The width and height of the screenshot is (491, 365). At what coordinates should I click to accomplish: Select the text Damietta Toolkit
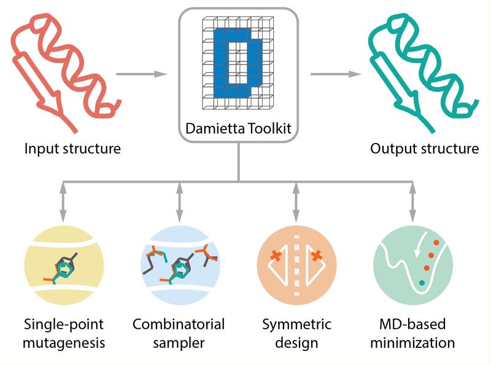click(x=238, y=130)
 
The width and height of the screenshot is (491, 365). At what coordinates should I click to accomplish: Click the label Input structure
click(x=72, y=148)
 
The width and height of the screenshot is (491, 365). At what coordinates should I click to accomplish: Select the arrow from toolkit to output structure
click(x=335, y=75)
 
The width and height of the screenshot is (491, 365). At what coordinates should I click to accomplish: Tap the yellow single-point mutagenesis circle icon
click(x=64, y=264)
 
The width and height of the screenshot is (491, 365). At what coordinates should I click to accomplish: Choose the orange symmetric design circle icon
click(x=296, y=264)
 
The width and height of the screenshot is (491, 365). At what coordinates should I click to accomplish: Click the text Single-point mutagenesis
click(x=64, y=332)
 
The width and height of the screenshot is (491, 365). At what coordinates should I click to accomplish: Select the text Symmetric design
click(x=296, y=332)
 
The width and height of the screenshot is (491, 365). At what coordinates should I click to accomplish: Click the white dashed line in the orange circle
click(x=296, y=264)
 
